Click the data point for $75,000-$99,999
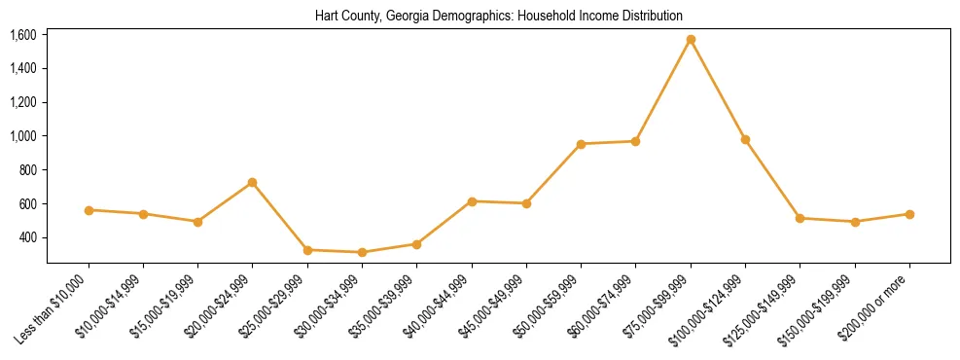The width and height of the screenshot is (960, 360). [x=691, y=40]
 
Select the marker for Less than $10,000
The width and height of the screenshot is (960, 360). [x=89, y=210]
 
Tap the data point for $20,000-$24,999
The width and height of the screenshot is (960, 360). [x=253, y=183]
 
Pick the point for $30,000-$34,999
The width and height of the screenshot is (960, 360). [x=362, y=252]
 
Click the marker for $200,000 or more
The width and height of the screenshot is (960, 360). [x=909, y=214]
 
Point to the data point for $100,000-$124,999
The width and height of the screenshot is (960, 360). [x=745, y=140]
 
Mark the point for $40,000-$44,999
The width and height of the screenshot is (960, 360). [x=472, y=201]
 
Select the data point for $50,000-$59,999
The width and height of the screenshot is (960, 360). [x=581, y=144]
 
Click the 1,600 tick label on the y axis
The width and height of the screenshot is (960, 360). [x=22, y=35]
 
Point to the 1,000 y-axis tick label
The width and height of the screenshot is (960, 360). [x=22, y=136]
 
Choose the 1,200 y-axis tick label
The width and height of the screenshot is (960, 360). [x=22, y=102]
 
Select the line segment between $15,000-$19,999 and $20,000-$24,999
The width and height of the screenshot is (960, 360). [x=226, y=202]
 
